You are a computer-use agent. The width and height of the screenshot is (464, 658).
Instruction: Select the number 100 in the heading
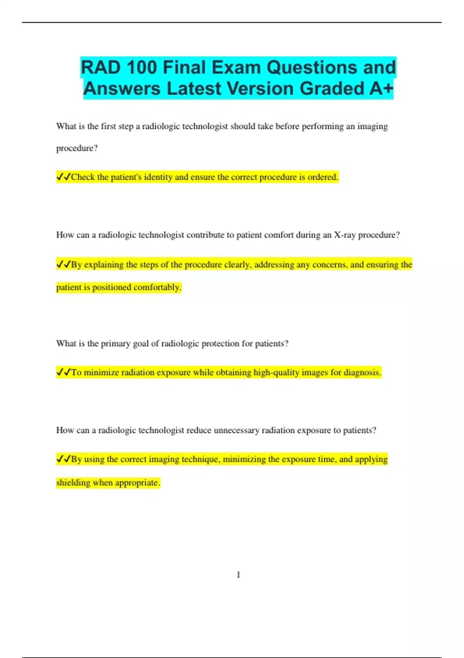click(x=141, y=68)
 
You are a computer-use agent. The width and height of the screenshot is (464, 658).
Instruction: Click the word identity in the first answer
click(x=158, y=177)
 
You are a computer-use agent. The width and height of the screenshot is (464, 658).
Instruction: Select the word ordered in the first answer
click(x=322, y=177)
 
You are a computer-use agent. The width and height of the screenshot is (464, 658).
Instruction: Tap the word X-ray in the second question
click(x=345, y=235)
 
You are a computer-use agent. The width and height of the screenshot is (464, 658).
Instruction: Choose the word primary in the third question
click(x=115, y=344)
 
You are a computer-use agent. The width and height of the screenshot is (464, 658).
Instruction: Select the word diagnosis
click(x=362, y=372)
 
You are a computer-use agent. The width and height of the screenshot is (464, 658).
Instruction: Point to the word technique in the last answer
click(x=201, y=459)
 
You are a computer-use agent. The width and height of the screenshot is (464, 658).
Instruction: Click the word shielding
click(x=73, y=483)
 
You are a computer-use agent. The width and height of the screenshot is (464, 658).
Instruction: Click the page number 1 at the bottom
click(x=238, y=575)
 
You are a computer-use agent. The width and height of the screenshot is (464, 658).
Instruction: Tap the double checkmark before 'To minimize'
click(x=63, y=372)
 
